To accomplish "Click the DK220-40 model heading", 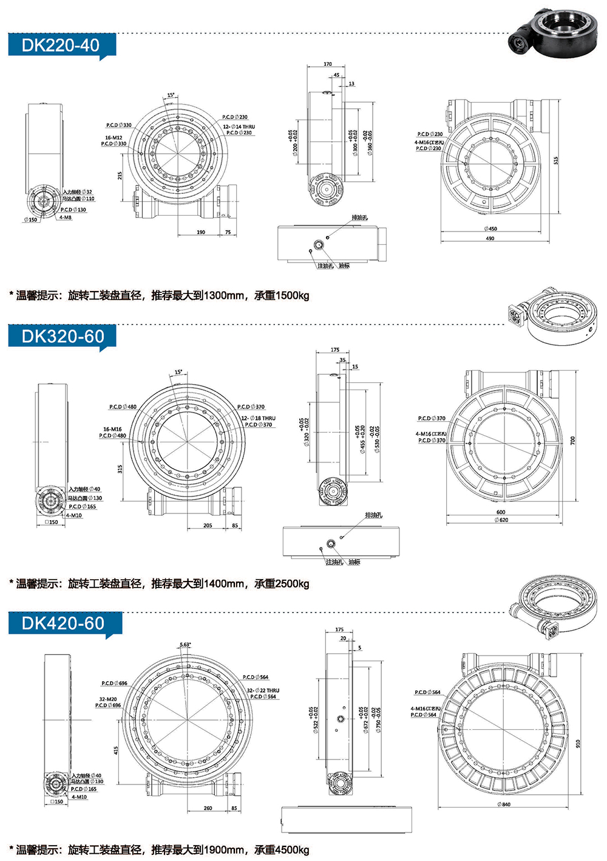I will pyautogui.click(x=61, y=45).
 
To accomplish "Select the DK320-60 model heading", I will pyautogui.click(x=63, y=336).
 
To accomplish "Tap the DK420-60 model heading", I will pyautogui.click(x=63, y=623).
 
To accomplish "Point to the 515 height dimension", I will pyautogui.click(x=555, y=160).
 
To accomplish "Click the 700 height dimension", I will pyautogui.click(x=572, y=440).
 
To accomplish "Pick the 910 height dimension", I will pyautogui.click(x=578, y=743).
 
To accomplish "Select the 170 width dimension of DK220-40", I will pyautogui.click(x=328, y=64).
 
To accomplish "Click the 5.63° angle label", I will pyautogui.click(x=185, y=645).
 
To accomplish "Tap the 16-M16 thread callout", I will pyautogui.click(x=112, y=429).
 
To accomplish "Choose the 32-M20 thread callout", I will pyautogui.click(x=108, y=699).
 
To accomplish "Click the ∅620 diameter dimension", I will pyautogui.click(x=501, y=520).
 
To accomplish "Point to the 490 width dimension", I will pyautogui.click(x=490, y=238).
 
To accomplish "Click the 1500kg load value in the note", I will pyautogui.click(x=292, y=296).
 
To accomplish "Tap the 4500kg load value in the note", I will pyautogui.click(x=292, y=850).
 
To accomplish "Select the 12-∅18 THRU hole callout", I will pyautogui.click(x=259, y=418).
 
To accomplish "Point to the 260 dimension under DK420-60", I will pyautogui.click(x=208, y=808).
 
